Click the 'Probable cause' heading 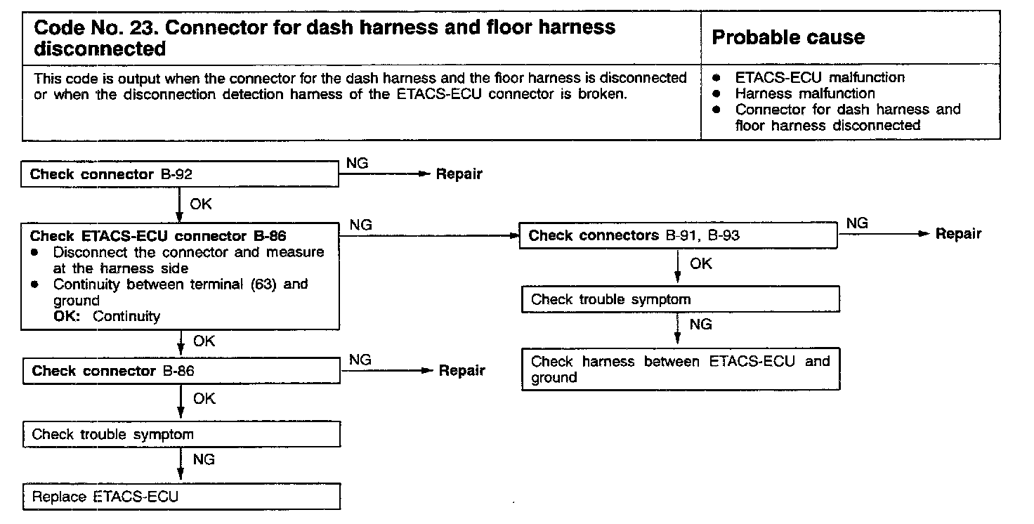[788, 38]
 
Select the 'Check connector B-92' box [181, 175]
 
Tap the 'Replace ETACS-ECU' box [181, 497]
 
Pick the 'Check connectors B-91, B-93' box [678, 236]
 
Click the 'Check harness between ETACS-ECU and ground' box [681, 369]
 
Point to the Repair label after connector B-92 [459, 175]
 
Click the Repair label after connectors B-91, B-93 [958, 234]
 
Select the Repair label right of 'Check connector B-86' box [462, 371]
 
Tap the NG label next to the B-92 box [358, 163]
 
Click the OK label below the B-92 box [201, 205]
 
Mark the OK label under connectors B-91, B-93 [700, 264]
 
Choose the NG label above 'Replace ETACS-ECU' [203, 459]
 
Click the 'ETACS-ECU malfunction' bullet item [820, 77]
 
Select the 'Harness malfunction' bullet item [805, 93]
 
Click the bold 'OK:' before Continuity [70, 316]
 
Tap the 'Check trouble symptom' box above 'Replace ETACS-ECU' [181, 435]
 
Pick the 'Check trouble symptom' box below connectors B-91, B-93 [681, 300]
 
